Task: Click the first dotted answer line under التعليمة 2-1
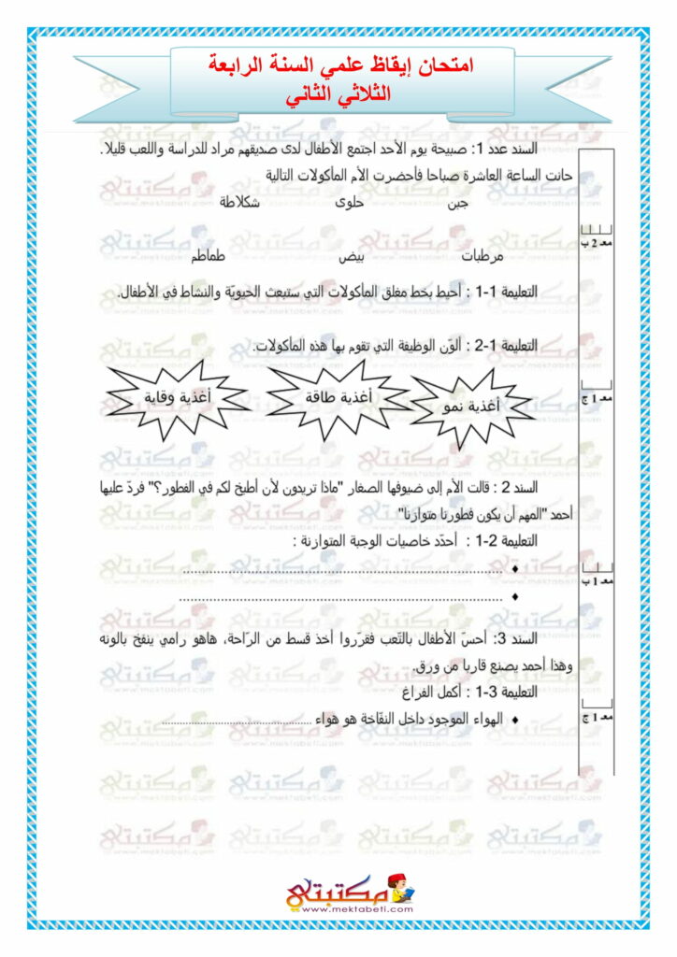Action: coord(342,569)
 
